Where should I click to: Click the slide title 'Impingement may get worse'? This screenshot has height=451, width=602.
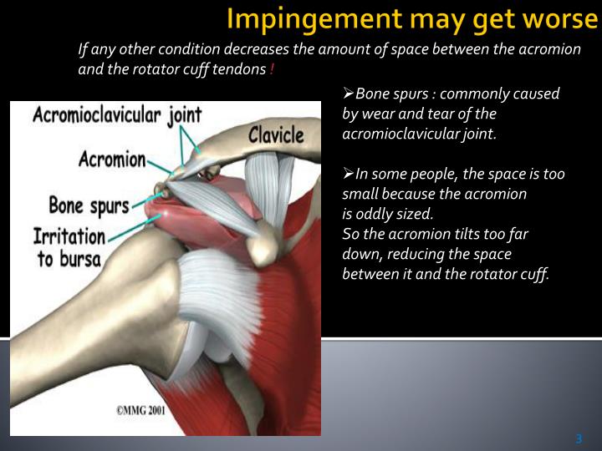click(413, 18)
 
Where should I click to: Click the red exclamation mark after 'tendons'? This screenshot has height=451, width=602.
click(272, 69)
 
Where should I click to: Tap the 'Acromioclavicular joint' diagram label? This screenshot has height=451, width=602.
click(117, 114)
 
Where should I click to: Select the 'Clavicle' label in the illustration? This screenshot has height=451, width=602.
click(276, 134)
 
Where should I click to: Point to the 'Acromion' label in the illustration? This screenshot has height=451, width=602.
click(112, 159)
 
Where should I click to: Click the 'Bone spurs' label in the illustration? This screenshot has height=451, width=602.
click(89, 204)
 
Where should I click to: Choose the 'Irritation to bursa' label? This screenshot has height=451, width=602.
click(69, 247)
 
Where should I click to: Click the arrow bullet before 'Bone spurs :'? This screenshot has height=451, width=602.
click(349, 94)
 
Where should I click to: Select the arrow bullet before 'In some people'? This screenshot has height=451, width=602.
click(349, 174)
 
